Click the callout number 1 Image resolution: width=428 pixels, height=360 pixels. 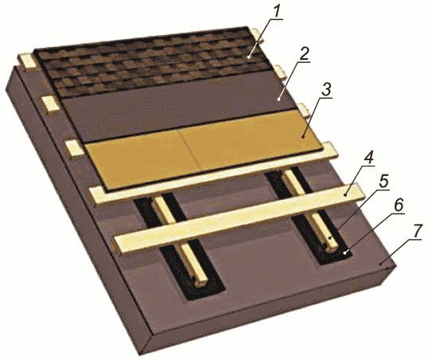click(277, 11)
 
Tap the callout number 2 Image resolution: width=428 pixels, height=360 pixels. click(304, 54)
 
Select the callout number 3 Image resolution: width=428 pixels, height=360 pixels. click(326, 89)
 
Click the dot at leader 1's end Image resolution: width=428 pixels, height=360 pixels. click(249, 57)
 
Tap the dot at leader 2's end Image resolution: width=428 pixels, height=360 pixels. click(278, 100)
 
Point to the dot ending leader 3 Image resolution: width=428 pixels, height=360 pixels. click(303, 136)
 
